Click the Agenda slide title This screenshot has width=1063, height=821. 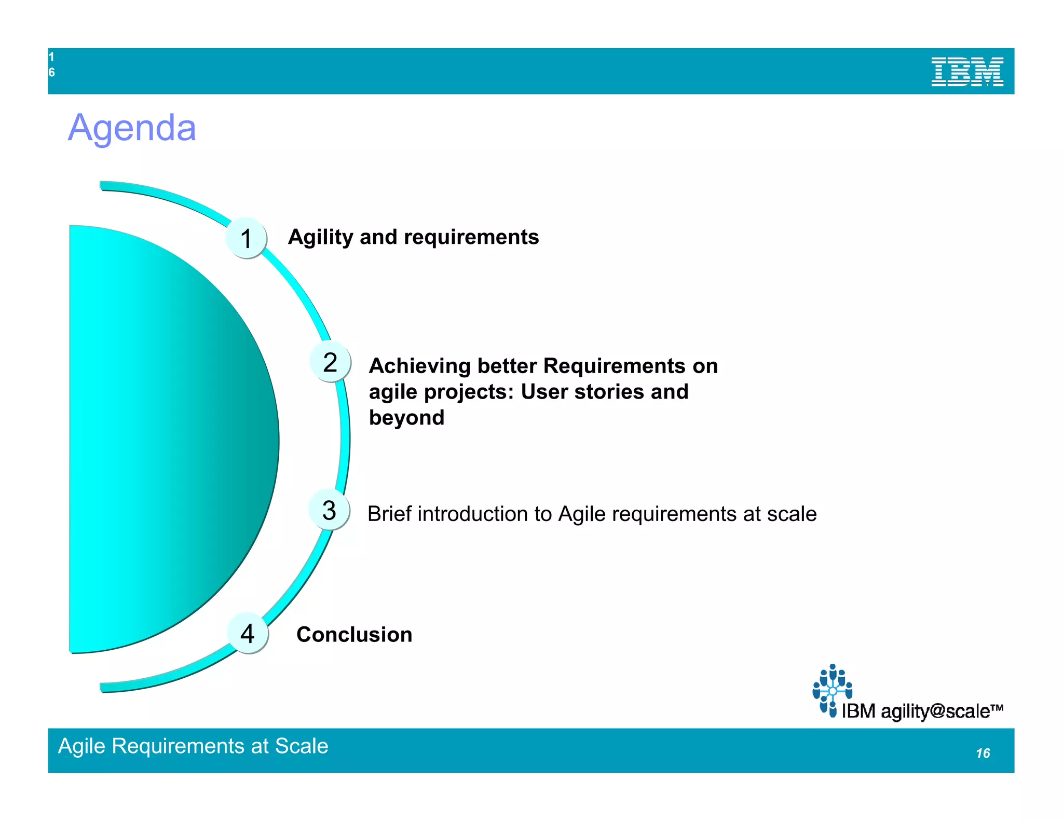click(132, 128)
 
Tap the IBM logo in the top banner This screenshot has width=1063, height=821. click(967, 72)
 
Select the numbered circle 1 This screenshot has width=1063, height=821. click(246, 238)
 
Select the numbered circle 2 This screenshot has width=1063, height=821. click(330, 362)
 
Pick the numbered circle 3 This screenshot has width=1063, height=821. click(329, 510)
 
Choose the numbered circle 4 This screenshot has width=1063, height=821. click(248, 633)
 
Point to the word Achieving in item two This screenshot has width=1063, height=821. click(419, 366)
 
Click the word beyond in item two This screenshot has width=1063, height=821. click(406, 418)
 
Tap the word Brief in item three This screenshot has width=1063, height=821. click(389, 514)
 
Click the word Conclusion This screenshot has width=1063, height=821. click(354, 634)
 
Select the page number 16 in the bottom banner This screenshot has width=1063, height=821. click(983, 753)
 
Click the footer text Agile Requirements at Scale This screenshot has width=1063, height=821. click(193, 746)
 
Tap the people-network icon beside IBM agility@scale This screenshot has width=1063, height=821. click(832, 690)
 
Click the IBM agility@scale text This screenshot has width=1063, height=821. click(921, 711)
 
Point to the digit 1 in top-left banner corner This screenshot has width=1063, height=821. click(51, 57)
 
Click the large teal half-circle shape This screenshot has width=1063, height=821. click(166, 439)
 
